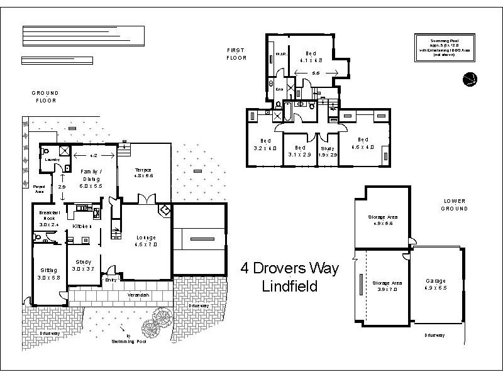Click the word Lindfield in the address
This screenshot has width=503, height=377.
pyautogui.click(x=289, y=287)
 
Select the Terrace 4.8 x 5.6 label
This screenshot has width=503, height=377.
pyautogui.click(x=143, y=173)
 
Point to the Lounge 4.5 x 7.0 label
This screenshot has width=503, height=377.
pyautogui.click(x=146, y=240)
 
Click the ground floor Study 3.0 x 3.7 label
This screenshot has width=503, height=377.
pyautogui.click(x=83, y=265)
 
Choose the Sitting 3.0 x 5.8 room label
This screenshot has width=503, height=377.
pyautogui.click(x=48, y=273)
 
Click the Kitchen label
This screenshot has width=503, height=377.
pyautogui.click(x=82, y=226)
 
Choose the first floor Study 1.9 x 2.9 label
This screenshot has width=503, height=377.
pyautogui.click(x=328, y=151)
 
